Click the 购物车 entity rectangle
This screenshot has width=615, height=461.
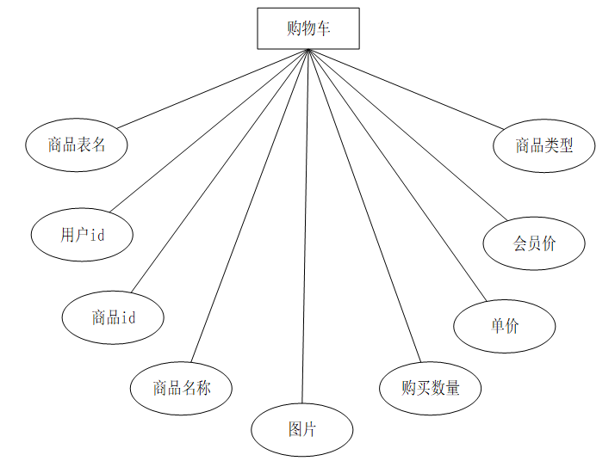(308, 28)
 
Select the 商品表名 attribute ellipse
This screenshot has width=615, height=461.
(77, 144)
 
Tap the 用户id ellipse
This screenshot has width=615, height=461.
(83, 234)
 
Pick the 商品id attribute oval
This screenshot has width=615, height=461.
(113, 317)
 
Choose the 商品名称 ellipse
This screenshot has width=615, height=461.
(181, 387)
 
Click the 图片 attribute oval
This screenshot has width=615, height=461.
(301, 428)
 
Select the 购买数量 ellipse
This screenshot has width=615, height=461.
(430, 387)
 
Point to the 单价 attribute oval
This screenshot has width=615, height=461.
(505, 326)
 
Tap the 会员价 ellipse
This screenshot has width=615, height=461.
(535, 243)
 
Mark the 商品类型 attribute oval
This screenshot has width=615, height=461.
(544, 145)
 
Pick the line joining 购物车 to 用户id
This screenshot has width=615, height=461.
(208, 132)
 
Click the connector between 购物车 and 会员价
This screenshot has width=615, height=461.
(405, 134)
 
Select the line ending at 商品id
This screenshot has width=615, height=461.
(220, 170)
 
